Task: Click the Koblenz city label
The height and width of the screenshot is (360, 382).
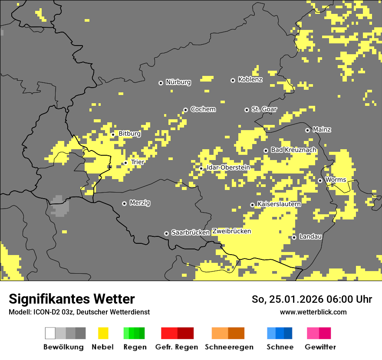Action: (250, 79)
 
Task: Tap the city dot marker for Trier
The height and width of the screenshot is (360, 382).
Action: (126, 163)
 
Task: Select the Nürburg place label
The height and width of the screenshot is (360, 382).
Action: (178, 82)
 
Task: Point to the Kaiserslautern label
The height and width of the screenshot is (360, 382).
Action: (279, 204)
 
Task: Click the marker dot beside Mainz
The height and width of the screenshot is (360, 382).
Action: (307, 130)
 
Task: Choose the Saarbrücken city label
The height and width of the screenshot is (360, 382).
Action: (191, 232)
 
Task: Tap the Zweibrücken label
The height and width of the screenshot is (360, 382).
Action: (231, 231)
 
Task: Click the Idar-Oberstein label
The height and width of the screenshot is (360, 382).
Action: (228, 167)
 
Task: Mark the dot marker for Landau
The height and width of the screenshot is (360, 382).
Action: (294, 237)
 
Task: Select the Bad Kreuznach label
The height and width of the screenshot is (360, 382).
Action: (293, 150)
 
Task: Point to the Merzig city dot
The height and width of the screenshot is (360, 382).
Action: (124, 203)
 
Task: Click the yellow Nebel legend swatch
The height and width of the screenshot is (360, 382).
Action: (103, 333)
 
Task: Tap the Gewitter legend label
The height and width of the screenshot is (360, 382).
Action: (320, 347)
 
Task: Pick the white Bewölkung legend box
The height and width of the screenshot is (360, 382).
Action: (50, 333)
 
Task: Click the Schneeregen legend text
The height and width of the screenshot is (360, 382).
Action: (229, 347)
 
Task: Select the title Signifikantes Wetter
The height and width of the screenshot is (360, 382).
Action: (72, 299)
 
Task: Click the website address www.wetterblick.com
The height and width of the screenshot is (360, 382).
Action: (313, 312)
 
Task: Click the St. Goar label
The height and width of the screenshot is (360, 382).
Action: (264, 109)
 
